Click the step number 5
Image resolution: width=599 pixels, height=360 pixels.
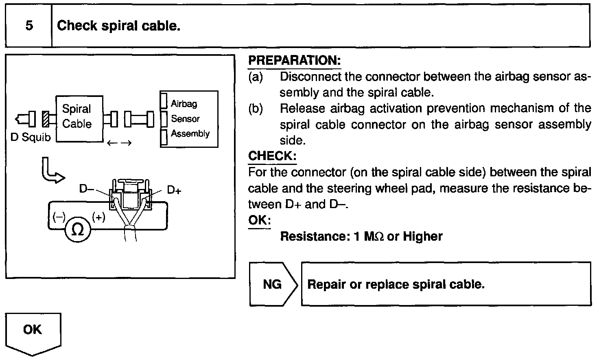click(29, 26)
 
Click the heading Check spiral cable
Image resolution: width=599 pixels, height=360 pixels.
click(118, 26)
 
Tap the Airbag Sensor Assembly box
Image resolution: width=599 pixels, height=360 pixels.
click(189, 119)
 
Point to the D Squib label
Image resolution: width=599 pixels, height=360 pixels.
click(31, 137)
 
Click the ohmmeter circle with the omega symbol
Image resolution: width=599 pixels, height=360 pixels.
click(78, 230)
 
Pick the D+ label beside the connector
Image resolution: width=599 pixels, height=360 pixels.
click(174, 190)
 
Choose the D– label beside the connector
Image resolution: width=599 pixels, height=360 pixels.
click(87, 189)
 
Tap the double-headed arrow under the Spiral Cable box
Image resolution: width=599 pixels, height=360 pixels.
click(119, 143)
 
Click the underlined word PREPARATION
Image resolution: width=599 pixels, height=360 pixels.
click(294, 61)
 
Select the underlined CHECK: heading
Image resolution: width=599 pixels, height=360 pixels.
click(272, 156)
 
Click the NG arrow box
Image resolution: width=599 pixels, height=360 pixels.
click(272, 284)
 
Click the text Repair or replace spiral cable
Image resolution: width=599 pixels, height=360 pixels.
click(396, 284)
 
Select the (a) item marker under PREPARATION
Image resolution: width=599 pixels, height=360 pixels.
click(256, 77)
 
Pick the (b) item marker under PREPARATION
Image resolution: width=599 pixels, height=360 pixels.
click(256, 108)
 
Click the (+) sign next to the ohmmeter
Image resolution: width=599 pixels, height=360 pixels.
click(99, 217)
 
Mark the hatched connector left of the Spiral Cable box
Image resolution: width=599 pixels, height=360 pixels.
click(46, 119)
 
